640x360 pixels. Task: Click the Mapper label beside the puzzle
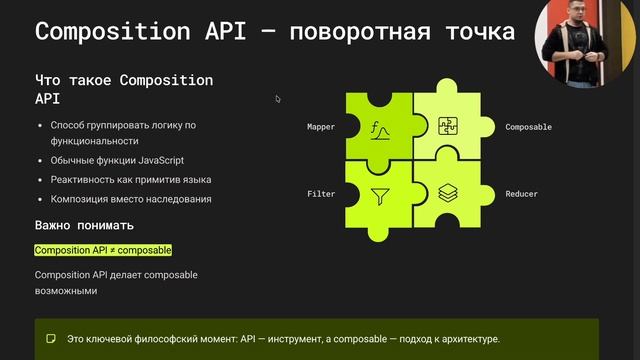click(321, 127)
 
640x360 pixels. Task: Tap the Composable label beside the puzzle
click(528, 127)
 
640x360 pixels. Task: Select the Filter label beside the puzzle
click(321, 193)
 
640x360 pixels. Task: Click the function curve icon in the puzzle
click(379, 129)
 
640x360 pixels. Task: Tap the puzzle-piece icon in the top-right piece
click(447, 126)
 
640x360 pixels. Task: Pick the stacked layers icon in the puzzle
click(447, 192)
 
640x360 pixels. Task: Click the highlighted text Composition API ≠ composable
click(103, 250)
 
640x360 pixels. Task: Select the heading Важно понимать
click(84, 225)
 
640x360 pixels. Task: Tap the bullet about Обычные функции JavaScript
click(117, 160)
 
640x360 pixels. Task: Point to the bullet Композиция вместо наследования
click(130, 199)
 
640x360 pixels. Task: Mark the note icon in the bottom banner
click(51, 340)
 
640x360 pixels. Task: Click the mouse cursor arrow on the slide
click(278, 98)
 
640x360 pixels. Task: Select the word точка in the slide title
click(475, 32)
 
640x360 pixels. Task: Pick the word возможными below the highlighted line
click(67, 291)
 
